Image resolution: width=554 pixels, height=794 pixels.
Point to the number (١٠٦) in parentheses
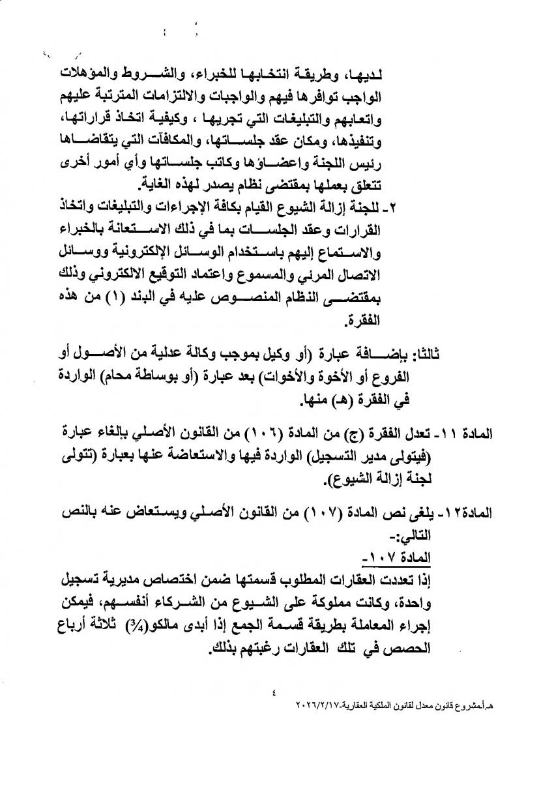coord(321,434)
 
